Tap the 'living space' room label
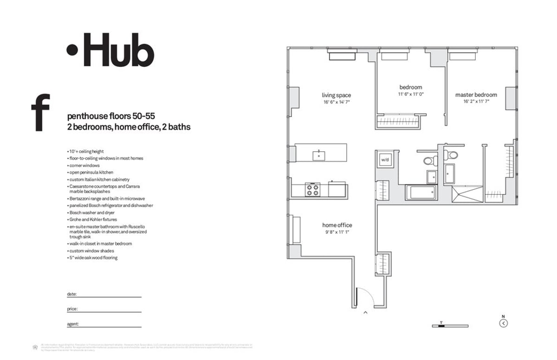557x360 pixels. [337, 96]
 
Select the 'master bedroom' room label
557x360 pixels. [476, 95]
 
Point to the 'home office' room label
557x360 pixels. [337, 225]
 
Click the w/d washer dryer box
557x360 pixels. [385, 160]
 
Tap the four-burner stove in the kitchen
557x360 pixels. [312, 189]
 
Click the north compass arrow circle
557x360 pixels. [504, 324]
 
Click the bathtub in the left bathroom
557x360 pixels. [421, 193]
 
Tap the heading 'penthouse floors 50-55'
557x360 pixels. [109, 116]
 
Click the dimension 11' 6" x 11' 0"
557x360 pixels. [410, 94]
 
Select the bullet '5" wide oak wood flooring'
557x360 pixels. [93, 257]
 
